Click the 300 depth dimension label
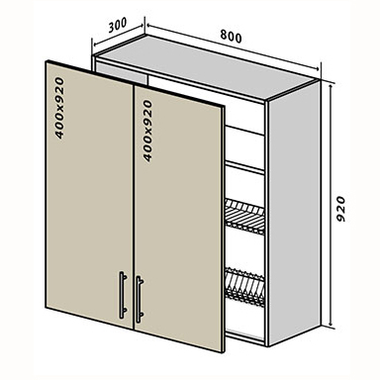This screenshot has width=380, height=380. tap(118, 25)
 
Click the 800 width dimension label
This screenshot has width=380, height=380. tap(231, 37)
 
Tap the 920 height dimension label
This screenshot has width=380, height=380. tap(339, 209)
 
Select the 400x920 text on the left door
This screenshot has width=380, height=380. tap(59, 108)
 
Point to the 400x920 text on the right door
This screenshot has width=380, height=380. tap(148, 131)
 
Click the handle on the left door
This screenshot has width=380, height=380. tap(123, 295)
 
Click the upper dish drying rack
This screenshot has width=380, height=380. tap(244, 217)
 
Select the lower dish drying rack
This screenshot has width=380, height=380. tap(244, 287)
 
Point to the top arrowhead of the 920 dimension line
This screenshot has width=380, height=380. tap(332, 85)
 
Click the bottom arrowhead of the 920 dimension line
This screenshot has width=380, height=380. tap(332, 325)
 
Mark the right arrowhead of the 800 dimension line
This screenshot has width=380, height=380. tap(317, 68)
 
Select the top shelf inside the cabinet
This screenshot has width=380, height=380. tap(244, 131)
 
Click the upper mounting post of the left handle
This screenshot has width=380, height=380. tap(125, 276)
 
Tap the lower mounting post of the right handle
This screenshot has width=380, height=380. tap(141, 316)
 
